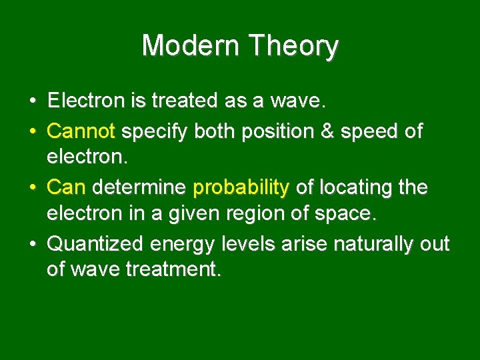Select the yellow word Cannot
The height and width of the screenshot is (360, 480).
81,131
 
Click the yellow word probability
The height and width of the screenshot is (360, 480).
241,187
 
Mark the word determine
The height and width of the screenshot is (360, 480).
139,187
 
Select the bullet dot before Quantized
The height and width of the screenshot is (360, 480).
32,245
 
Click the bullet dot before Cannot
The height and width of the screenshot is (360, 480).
32,131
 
